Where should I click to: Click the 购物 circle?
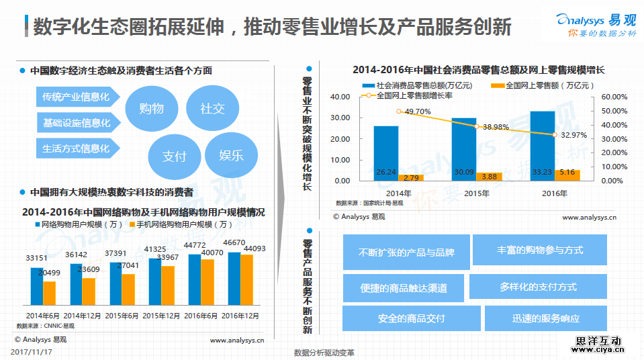[151, 107]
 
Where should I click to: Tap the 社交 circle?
[212, 107]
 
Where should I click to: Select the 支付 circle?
[174, 156]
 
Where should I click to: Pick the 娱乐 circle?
[231, 155]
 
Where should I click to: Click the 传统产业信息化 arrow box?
[76, 97]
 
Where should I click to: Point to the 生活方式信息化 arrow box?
[76, 148]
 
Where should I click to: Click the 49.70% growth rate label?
[418, 111]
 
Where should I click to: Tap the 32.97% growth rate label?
[573, 135]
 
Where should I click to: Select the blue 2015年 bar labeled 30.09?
[463, 149]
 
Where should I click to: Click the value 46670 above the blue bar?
[234, 242]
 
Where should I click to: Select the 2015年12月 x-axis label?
[161, 315]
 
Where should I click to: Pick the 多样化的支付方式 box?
[538, 287]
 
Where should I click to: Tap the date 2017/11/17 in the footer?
[33, 351]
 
